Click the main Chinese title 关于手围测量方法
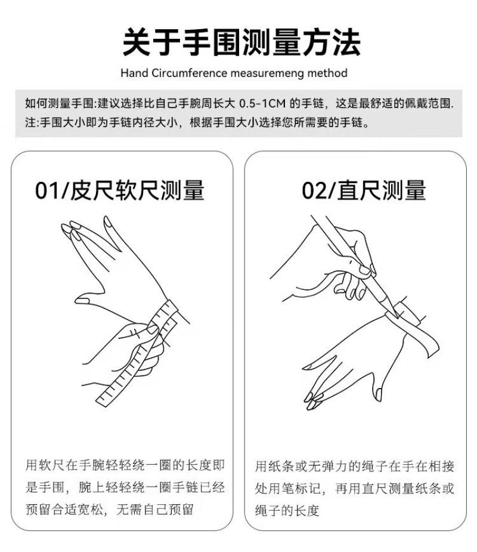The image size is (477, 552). pos(241,42)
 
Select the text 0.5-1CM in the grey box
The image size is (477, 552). pos(262,103)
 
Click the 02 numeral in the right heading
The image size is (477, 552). pos(314,190)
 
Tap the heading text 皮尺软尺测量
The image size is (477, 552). pos(138,190)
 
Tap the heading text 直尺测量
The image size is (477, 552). pos(382,190)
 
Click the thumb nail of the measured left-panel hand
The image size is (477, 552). pos(82,300)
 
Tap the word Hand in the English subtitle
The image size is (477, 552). pos(134,73)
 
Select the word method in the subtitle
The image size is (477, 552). pos(327,73)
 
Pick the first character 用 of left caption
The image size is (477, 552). pos(32,465)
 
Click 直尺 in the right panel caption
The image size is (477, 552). pos(375,488)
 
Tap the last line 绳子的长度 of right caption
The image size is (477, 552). pos(287,510)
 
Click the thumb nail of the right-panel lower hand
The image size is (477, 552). pos(378,394)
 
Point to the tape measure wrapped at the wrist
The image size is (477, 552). pos(166,317)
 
